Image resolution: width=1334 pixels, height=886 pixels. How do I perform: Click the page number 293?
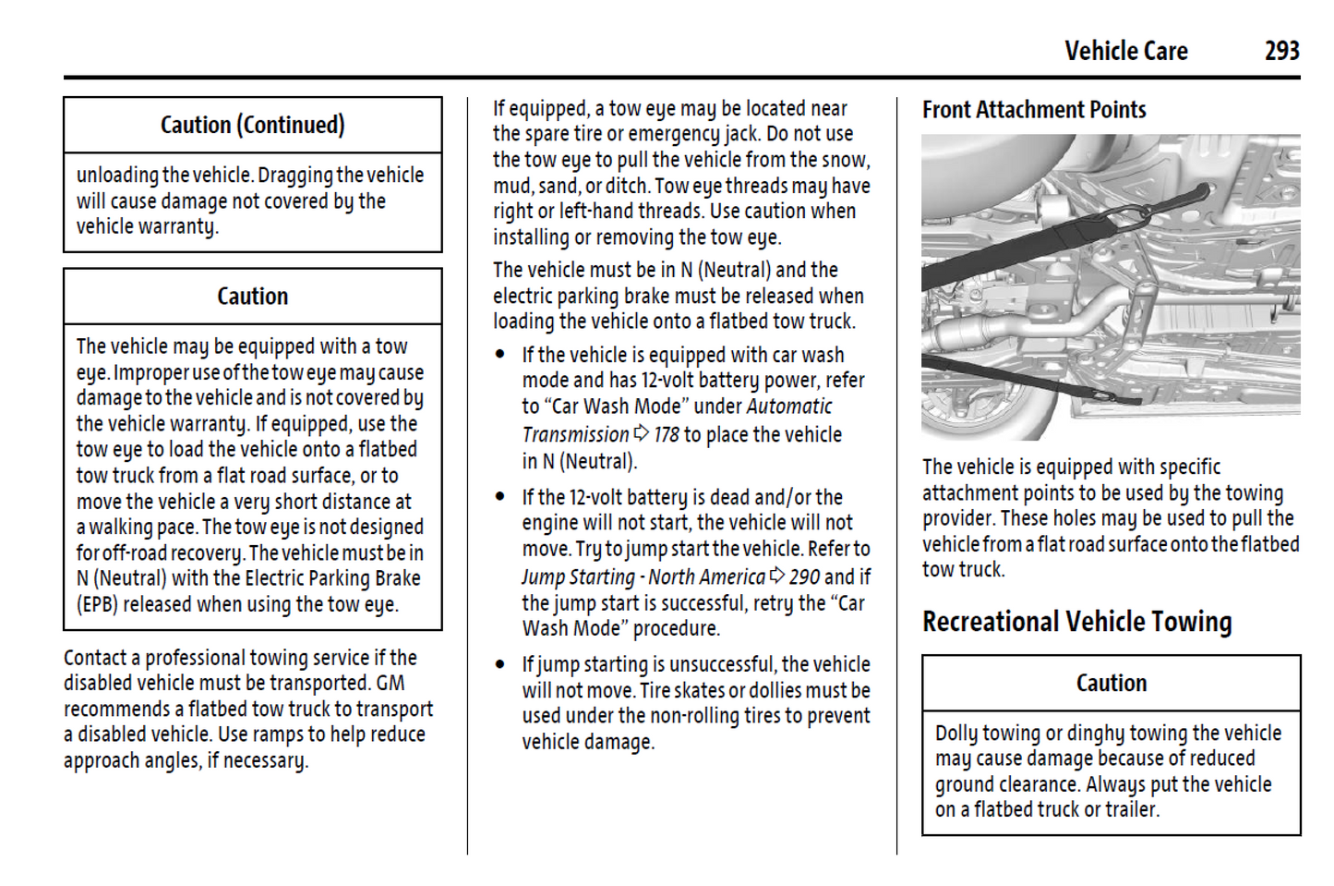[1281, 51]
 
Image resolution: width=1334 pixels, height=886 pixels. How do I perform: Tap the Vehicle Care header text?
[1125, 51]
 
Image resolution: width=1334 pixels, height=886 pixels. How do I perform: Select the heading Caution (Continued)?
[252, 125]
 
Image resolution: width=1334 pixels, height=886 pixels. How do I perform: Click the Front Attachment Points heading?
[1034, 110]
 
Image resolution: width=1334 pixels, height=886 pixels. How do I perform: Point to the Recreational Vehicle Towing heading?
[1076, 622]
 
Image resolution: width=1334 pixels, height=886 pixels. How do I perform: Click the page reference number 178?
[666, 435]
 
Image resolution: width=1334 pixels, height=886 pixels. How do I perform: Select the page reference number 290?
[804, 577]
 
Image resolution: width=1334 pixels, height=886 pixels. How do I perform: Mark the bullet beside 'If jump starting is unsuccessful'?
[500, 664]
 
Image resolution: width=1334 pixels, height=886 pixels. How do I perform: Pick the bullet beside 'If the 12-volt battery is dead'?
[500, 497]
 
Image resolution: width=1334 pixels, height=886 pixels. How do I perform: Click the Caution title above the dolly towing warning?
[1111, 684]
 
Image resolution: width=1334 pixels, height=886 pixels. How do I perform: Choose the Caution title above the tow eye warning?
[252, 297]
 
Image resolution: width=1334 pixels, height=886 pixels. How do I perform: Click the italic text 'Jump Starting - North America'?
[643, 577]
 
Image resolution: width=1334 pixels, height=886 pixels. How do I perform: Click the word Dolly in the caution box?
[956, 734]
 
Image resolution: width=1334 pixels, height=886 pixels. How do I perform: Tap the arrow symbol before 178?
[641, 434]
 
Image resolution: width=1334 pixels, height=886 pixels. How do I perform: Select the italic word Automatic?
[789, 407]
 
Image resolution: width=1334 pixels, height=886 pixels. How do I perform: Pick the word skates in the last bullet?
[700, 691]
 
